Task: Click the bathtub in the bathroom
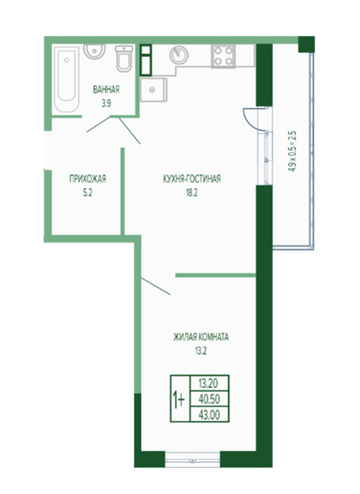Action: click(x=66, y=79)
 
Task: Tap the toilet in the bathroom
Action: click(x=124, y=58)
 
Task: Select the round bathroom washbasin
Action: click(x=94, y=51)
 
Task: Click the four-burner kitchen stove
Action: click(x=224, y=56)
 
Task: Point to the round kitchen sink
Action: click(x=179, y=55)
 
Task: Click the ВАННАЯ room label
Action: click(x=106, y=90)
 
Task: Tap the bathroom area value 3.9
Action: click(x=106, y=103)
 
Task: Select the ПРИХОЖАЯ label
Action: click(x=88, y=179)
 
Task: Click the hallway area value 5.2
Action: click(x=88, y=193)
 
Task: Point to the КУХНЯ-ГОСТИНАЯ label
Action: click(x=192, y=179)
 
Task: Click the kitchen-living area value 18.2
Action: click(x=191, y=193)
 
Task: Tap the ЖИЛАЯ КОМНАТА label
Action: click(x=200, y=337)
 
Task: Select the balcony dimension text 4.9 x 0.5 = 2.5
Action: click(x=292, y=151)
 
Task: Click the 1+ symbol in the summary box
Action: click(x=180, y=399)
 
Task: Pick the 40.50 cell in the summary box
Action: click(x=209, y=399)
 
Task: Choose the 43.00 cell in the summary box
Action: click(x=209, y=415)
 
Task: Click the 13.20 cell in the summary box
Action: click(x=209, y=384)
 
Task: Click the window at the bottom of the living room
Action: click(x=192, y=460)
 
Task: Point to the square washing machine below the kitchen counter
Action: click(x=154, y=90)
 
